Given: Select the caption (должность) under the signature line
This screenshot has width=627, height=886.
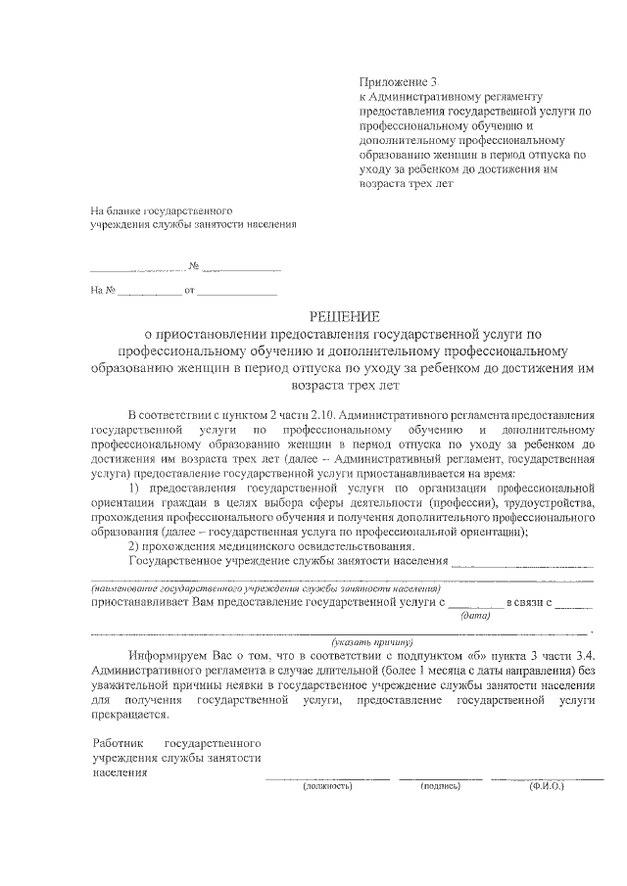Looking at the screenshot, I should (x=327, y=786).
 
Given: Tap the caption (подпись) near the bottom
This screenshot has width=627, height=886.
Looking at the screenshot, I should (x=440, y=786).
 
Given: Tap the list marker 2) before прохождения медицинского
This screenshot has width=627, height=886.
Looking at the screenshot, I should (x=135, y=545).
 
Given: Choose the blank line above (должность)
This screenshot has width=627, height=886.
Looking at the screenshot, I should (x=327, y=777).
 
